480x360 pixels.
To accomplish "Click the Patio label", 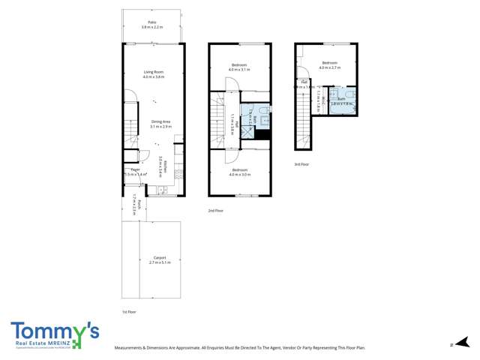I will coord(153,23).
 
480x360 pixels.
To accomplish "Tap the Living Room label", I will coord(154,72).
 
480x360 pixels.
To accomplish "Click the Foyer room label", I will coord(136,170).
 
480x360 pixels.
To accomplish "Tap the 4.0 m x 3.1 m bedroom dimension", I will coord(239,70).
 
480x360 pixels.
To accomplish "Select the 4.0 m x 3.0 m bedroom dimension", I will coord(239,174).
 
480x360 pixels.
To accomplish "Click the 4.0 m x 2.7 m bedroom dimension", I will coord(330,67).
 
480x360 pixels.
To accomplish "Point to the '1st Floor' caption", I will coord(129,311).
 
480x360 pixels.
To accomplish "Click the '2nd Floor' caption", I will coord(216,211).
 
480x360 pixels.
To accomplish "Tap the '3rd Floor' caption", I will coord(302,163).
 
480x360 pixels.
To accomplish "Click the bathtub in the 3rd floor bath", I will coord(341,105).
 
